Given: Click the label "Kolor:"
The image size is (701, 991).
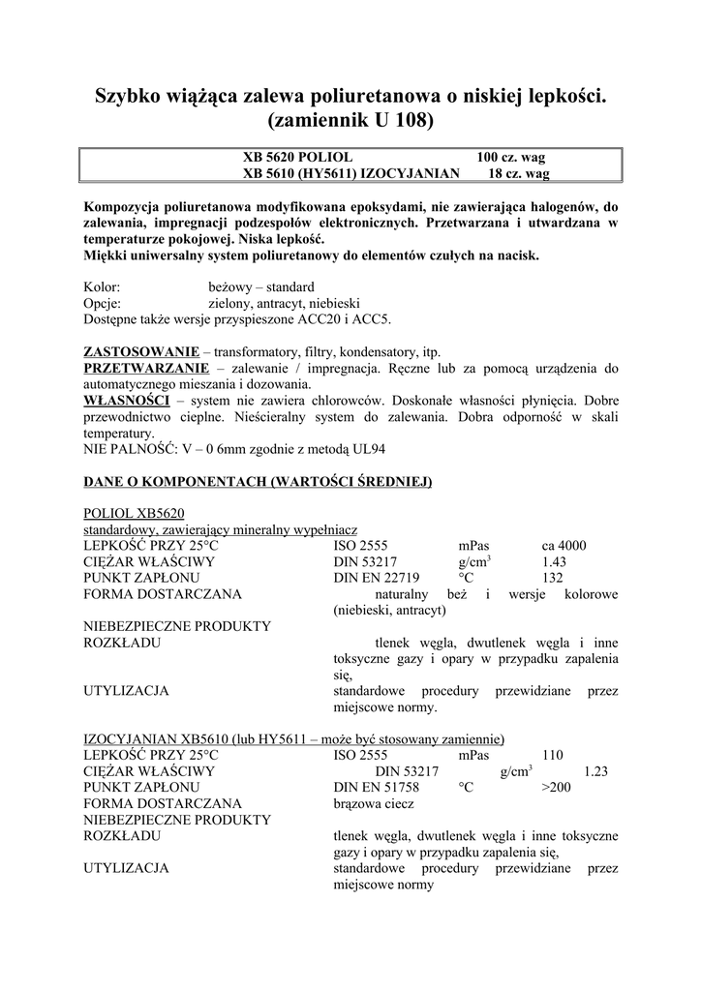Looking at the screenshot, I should (102, 287).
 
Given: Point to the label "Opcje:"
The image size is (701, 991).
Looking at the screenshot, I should (103, 303).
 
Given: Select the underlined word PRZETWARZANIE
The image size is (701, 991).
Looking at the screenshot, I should (145, 368).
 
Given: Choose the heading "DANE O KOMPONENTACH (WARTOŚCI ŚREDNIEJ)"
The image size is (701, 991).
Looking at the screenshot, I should (258, 481).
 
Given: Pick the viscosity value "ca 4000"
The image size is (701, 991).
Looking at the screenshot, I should (564, 545).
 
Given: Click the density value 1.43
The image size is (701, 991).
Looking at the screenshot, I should (554, 561).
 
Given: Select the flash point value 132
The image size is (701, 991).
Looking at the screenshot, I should (552, 578).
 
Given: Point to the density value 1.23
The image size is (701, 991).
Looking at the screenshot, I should (596, 771).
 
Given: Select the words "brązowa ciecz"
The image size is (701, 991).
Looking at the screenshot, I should (374, 803).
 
